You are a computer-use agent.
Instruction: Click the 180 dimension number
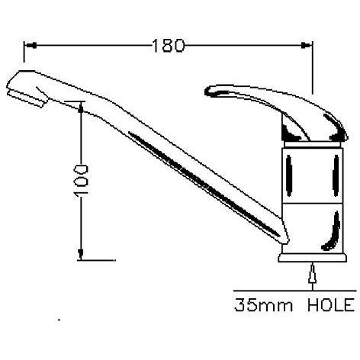pos(169,46)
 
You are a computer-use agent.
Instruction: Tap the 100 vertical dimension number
pos(81,181)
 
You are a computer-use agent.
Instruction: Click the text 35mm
pos(263,305)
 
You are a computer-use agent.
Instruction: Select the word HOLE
pos(331,305)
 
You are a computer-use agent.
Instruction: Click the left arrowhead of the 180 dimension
pos(31,46)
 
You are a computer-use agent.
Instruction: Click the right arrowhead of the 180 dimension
pos(306,46)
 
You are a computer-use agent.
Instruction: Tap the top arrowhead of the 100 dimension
pos(81,107)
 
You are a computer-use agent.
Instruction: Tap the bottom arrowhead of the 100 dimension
pos(81,254)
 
